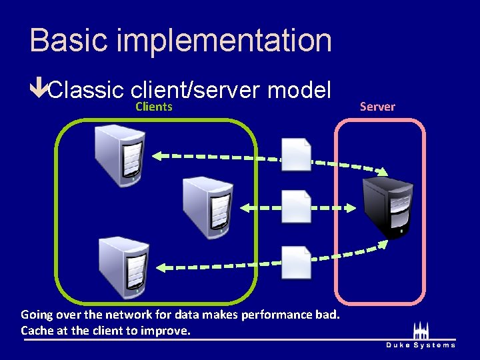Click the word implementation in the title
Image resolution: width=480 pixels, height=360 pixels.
point(223,41)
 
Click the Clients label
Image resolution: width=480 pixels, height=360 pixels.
point(154,107)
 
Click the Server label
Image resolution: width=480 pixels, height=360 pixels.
point(377,107)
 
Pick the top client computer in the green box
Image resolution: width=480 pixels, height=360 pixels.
point(120,155)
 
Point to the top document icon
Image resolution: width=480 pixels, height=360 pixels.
point(296,155)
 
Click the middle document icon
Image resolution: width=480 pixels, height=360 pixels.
point(296,207)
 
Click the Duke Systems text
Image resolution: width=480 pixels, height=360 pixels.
point(421,345)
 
